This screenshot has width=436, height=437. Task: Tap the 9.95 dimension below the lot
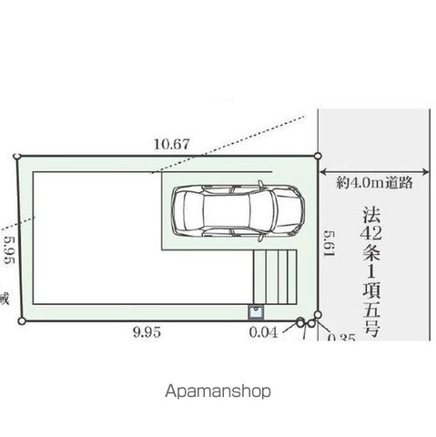tap(145, 333)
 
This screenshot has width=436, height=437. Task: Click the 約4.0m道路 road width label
tap(374, 182)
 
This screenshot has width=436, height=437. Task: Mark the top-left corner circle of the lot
tap(17, 157)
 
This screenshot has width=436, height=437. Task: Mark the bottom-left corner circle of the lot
tap(22, 320)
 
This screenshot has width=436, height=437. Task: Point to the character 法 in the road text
tap(371, 216)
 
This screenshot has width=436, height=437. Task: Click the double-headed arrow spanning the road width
tap(374, 169)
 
